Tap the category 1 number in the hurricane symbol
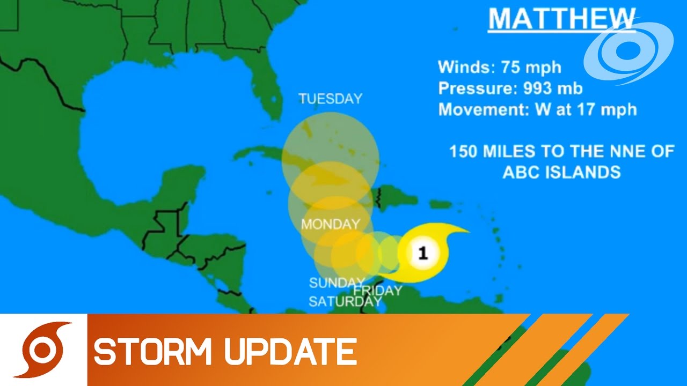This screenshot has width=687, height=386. pos(423,253)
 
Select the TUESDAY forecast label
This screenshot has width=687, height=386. pos(331,99)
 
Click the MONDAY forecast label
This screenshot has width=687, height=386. pos(330,224)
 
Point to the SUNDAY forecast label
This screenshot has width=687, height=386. pos(337,283)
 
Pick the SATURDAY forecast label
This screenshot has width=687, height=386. pos(345,301)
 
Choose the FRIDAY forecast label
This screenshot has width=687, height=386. pos(378,291)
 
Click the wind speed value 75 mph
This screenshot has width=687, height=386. pos(531,68)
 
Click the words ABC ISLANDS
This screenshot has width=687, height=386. pos(561,172)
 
